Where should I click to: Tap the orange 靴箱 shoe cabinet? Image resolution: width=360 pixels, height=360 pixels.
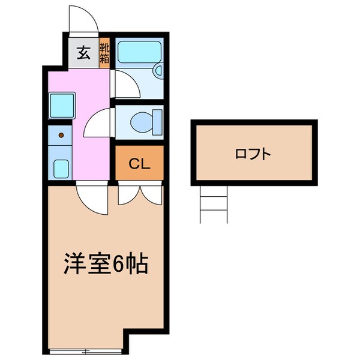coord(104,53)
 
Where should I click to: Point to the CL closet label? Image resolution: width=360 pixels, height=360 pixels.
coord(139,163)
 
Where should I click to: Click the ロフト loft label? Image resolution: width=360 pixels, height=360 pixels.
coord(253,154)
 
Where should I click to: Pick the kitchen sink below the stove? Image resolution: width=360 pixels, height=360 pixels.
coord(61,167)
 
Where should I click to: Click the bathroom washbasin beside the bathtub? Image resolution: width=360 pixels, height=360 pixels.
coord(158,71)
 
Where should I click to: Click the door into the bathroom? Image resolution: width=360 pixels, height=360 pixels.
coord(126,84)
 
